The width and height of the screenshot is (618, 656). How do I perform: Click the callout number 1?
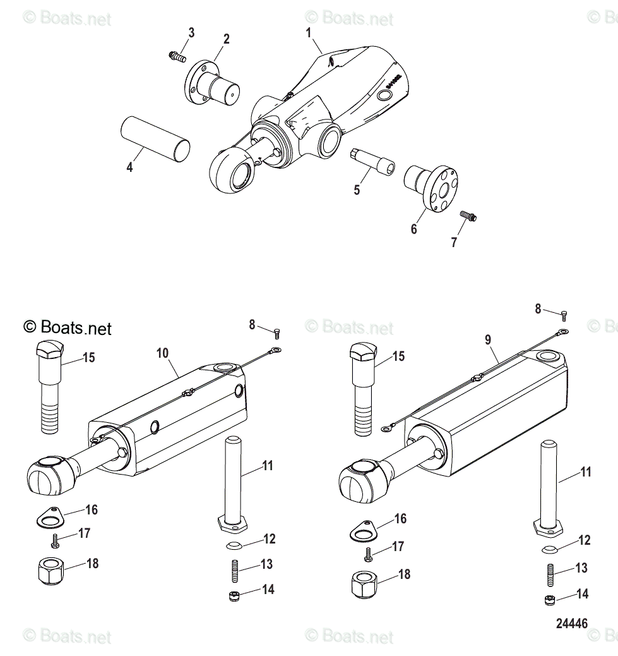(309, 32)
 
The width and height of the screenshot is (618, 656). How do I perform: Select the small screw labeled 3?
(176, 57)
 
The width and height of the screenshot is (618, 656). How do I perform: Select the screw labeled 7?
(468, 216)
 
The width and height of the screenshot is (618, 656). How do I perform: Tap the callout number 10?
(163, 352)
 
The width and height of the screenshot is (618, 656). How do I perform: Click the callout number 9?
(487, 339)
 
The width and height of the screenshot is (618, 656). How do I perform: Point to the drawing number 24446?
(571, 624)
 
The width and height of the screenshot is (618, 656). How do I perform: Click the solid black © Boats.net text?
(68, 327)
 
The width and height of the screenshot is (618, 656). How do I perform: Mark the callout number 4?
(129, 167)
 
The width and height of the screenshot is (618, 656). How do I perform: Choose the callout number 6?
(414, 229)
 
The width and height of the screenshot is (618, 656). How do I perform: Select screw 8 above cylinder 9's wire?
(564, 313)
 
